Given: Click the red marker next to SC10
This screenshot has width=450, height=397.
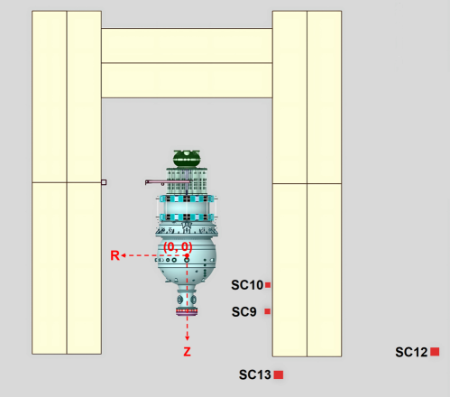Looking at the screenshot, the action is pos(268,285).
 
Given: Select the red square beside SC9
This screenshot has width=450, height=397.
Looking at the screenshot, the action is pos(267,311).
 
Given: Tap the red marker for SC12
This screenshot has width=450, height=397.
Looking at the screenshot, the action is pos(435,352).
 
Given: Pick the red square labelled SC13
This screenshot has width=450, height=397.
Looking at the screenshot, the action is pos(279,374).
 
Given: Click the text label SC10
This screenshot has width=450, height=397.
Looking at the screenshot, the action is pos(247,285).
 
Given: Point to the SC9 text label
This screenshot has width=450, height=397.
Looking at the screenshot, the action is pos(243,312).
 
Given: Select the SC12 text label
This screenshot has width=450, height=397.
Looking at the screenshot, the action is pos(411,352).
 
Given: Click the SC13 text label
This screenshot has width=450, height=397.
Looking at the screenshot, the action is pos(255,374).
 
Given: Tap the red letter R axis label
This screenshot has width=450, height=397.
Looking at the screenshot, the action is pos(115,255).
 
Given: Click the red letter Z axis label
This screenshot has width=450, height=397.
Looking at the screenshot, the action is pos(187,352).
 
